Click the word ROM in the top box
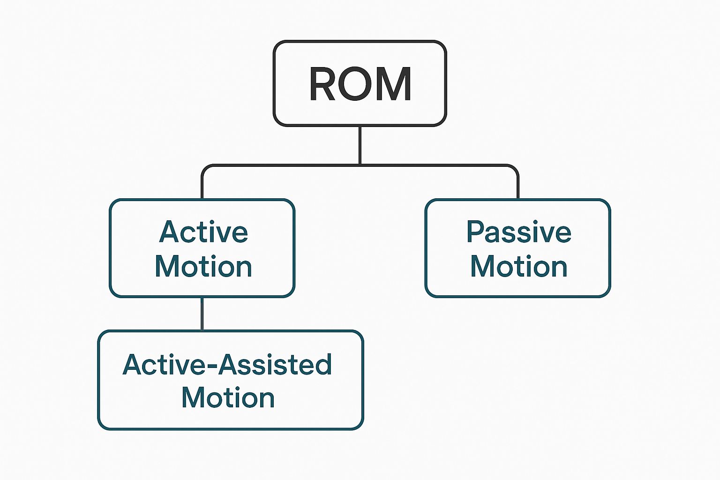[360, 84]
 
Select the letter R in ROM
[322, 84]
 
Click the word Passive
[518, 232]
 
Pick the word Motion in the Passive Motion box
[518, 266]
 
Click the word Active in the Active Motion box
[203, 232]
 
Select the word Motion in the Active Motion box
[203, 266]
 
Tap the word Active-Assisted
[227, 365]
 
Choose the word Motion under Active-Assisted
[228, 398]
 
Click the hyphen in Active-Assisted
[212, 367]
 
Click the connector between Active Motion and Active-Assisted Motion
[202, 314]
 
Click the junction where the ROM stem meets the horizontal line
[360, 165]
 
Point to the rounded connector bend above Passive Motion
[515, 168]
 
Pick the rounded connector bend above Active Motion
[205, 168]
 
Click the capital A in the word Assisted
[230, 365]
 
